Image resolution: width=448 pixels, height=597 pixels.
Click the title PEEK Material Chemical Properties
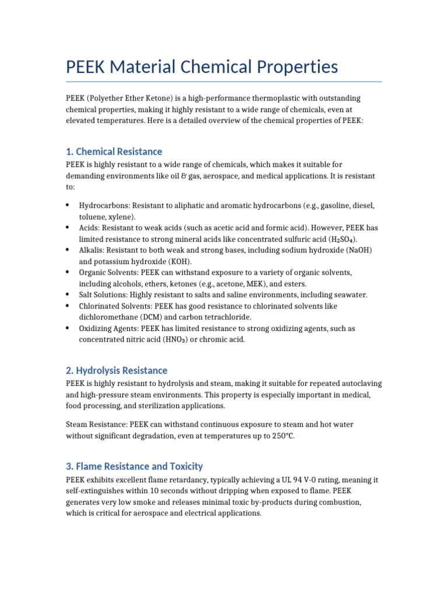click(202, 67)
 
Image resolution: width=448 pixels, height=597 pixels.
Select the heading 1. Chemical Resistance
click(114, 152)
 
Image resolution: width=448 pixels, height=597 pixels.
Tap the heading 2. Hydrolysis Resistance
click(117, 370)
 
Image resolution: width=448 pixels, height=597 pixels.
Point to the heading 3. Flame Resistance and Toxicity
click(134, 466)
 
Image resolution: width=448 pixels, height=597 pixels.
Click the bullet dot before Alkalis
click(68, 250)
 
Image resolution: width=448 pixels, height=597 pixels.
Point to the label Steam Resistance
click(97, 424)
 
